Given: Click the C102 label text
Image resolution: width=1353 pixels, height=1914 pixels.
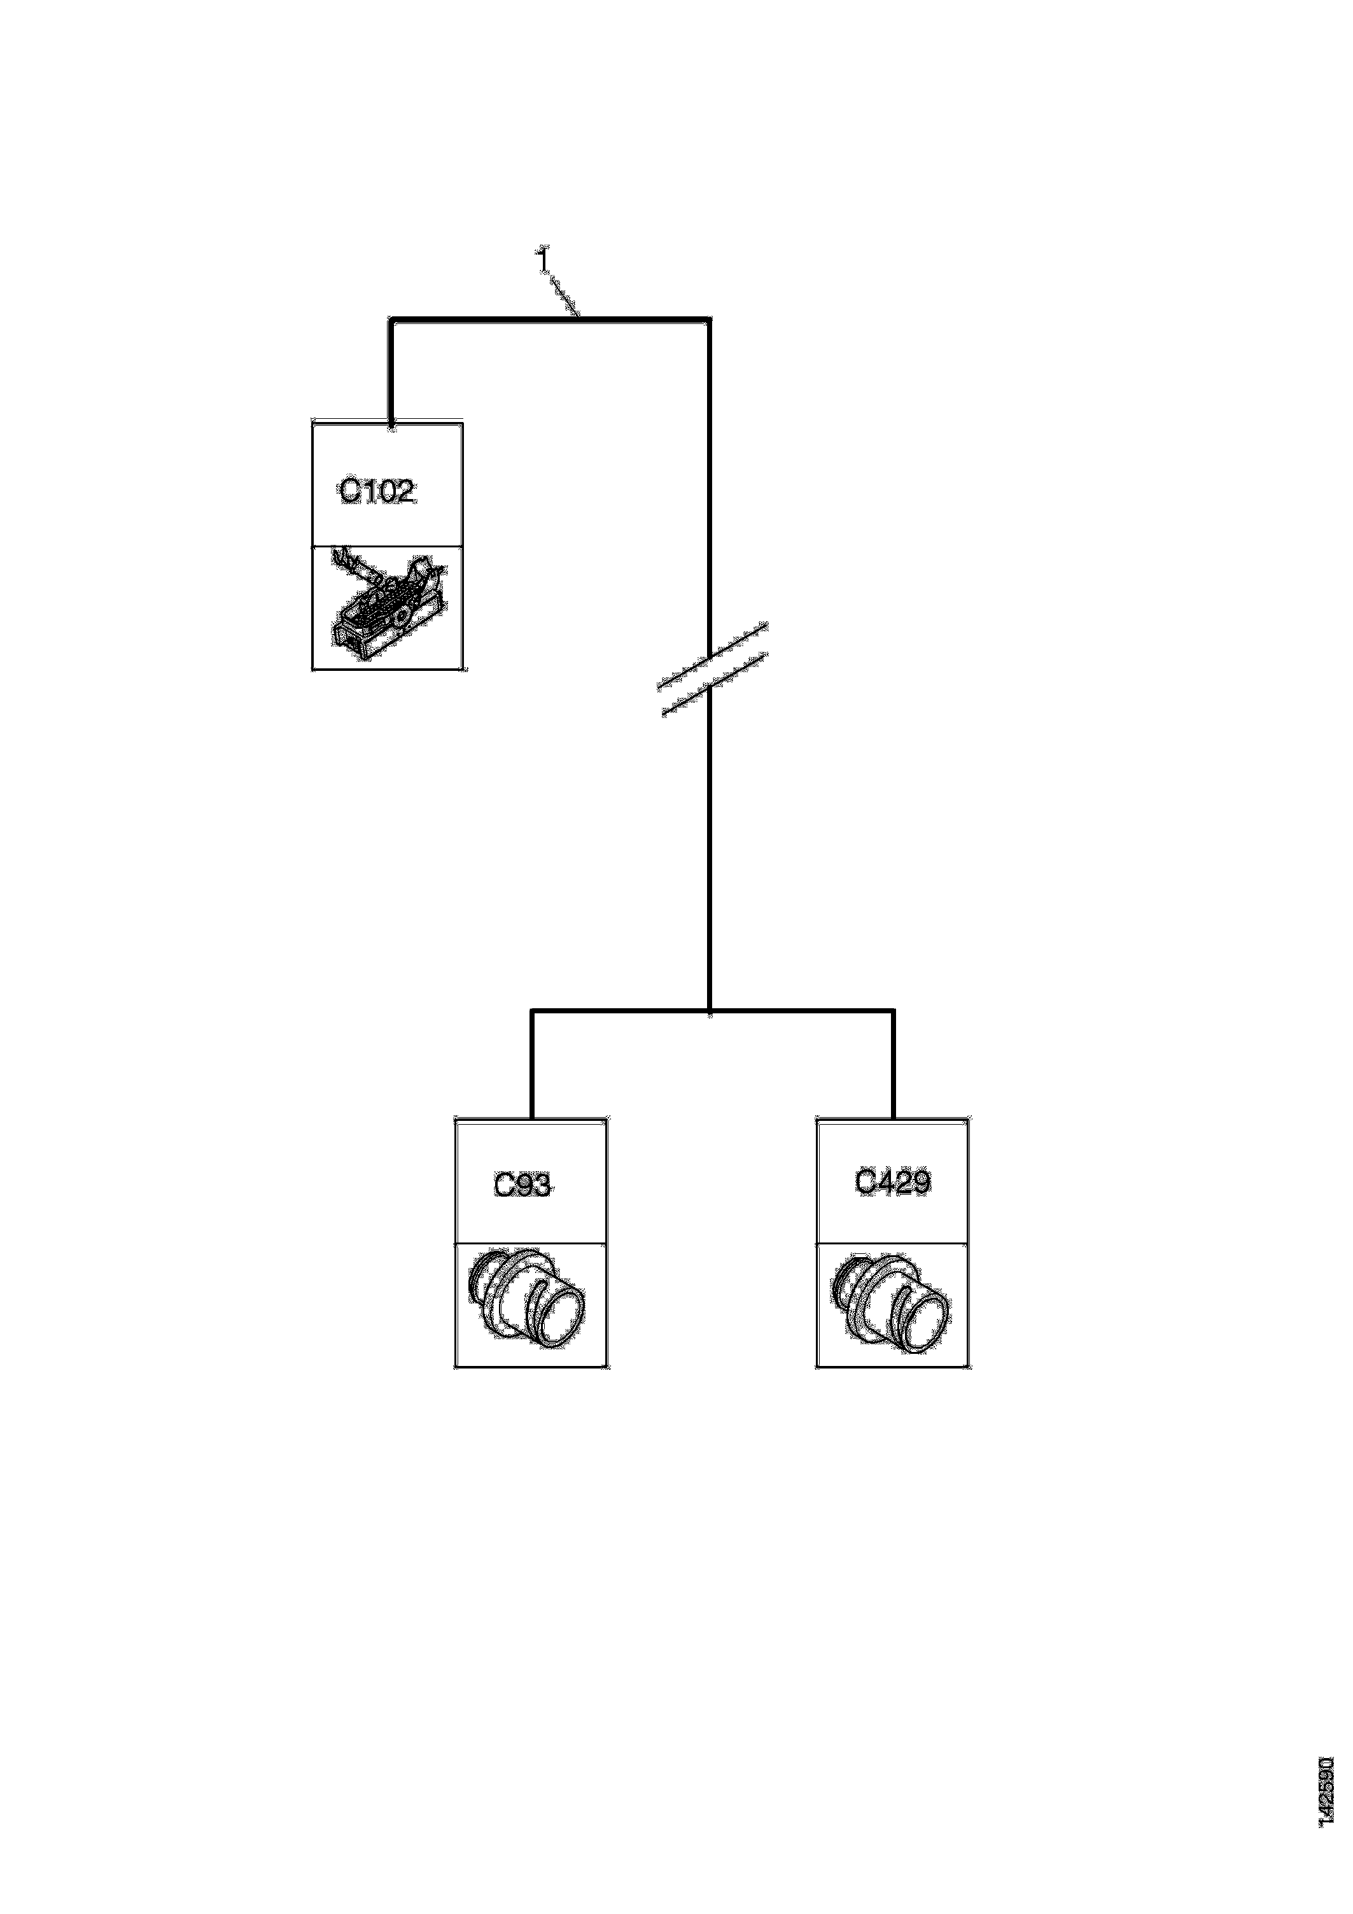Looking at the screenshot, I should coord(377,492).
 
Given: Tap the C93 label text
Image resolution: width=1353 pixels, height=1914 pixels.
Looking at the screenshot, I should coord(522,1185).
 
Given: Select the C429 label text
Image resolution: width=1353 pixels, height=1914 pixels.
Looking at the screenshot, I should coord(893,1182).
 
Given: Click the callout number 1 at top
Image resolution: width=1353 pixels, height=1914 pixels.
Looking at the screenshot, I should coord(543,261).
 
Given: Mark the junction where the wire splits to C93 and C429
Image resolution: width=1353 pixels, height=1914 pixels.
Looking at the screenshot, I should coord(710,1011).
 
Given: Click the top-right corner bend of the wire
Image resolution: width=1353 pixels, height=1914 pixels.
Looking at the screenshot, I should coord(710,318).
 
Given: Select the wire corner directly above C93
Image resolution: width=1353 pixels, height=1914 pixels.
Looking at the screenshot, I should coord(532,1011).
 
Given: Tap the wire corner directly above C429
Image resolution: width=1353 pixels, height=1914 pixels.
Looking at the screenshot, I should coord(894,1011).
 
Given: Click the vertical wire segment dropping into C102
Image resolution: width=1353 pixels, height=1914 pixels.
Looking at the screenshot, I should coord(391,371).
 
